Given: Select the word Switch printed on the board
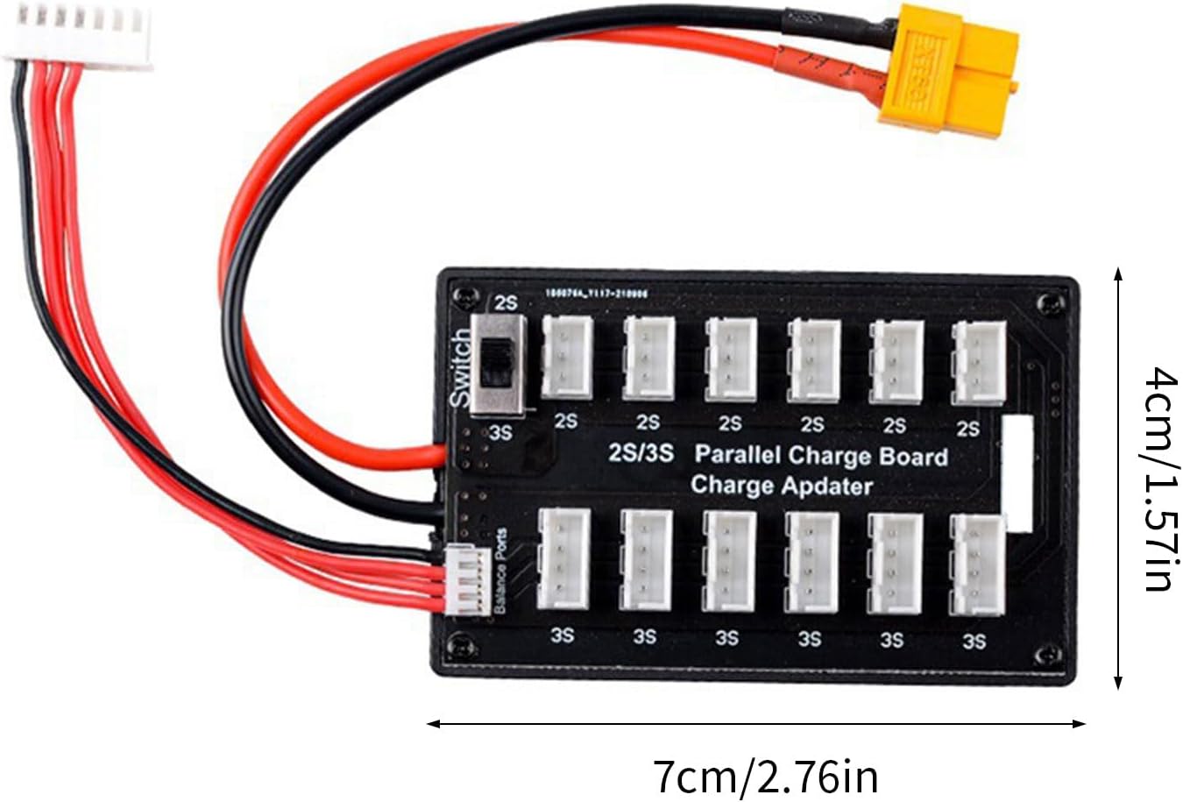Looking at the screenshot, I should tap(460, 369).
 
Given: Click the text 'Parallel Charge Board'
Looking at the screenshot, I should tap(820, 456).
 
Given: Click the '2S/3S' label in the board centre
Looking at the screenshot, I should tap(641, 453).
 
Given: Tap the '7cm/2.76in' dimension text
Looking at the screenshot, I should tap(765, 776).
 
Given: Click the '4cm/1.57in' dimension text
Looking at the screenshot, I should tap(1162, 480).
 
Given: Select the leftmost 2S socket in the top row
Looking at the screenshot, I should tap(567, 358).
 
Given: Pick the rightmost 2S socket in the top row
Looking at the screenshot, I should tap(979, 362).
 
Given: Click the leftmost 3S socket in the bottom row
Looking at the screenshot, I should tap(563, 559).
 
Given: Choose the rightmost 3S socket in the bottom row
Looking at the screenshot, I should tap(977, 564).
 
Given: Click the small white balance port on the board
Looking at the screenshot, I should tap(469, 581).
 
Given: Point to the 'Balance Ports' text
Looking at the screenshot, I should tap(500, 571).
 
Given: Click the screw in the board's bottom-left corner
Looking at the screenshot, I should tap(460, 649).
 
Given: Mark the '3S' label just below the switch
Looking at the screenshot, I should tap(500, 432).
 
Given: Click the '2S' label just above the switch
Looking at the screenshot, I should tap(506, 303).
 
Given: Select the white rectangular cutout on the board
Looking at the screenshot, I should tap(1017, 474).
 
